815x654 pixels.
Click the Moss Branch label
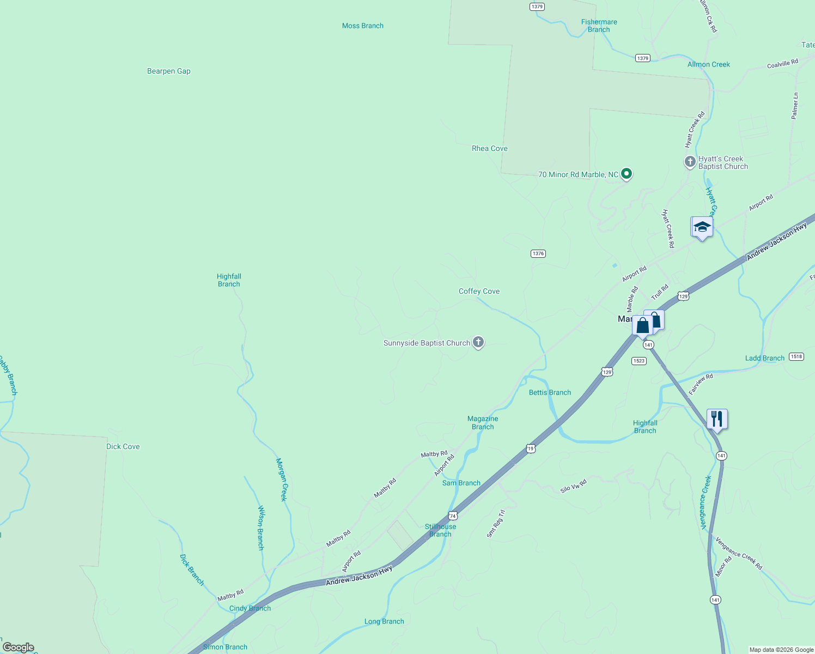(x=362, y=26)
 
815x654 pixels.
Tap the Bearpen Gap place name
(x=169, y=71)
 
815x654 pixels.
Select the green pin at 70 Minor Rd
(x=627, y=174)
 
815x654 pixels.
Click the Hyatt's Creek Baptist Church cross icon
(x=690, y=162)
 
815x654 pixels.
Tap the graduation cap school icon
(x=702, y=227)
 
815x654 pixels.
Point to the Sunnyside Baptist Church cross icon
(x=478, y=342)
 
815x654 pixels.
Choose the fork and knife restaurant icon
(x=717, y=419)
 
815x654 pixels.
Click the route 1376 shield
(x=538, y=253)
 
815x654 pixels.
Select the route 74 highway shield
(x=453, y=516)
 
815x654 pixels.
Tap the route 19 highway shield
(x=531, y=448)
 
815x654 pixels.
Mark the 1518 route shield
(x=796, y=356)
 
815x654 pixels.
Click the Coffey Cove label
(x=479, y=291)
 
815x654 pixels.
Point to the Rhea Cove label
(x=489, y=148)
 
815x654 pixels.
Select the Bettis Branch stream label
(x=550, y=392)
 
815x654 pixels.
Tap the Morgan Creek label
(x=281, y=480)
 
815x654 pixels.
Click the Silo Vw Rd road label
(x=574, y=486)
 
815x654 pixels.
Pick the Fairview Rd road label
(x=701, y=384)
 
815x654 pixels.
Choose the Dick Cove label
(x=123, y=446)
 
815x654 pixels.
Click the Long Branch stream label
(x=384, y=621)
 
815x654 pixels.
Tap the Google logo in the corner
(x=19, y=647)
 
